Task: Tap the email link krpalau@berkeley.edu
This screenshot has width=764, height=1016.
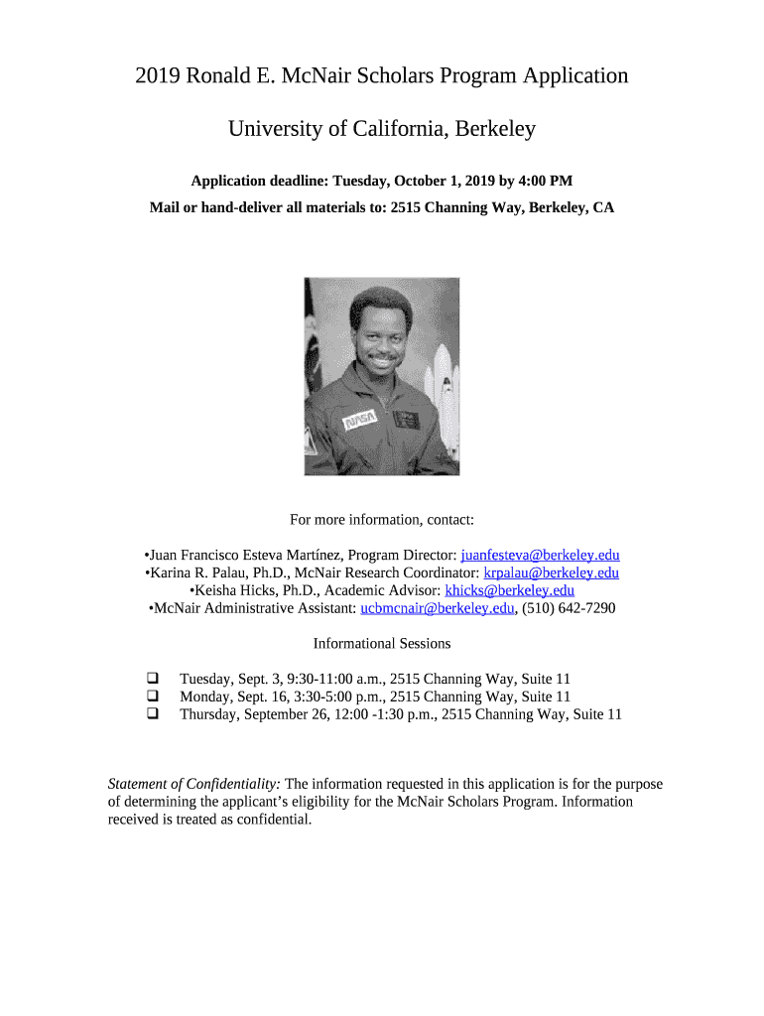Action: click(x=551, y=573)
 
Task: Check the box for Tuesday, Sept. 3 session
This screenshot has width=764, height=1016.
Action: click(x=154, y=679)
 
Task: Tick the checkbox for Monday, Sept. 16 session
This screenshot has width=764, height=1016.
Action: click(x=154, y=697)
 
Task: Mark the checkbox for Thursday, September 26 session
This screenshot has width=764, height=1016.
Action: click(x=154, y=713)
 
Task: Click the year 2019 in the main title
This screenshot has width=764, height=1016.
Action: click(x=158, y=76)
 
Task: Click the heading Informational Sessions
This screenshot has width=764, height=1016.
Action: click(x=382, y=644)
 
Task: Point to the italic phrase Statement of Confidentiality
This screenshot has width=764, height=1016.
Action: click(x=193, y=785)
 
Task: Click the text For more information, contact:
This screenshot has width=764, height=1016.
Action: click(x=382, y=520)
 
